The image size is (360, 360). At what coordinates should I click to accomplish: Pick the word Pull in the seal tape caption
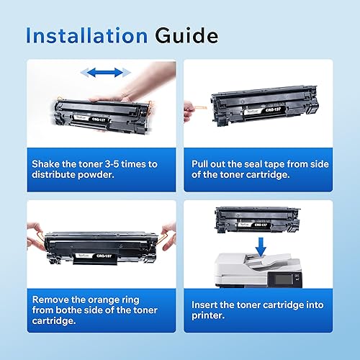(204, 164)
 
